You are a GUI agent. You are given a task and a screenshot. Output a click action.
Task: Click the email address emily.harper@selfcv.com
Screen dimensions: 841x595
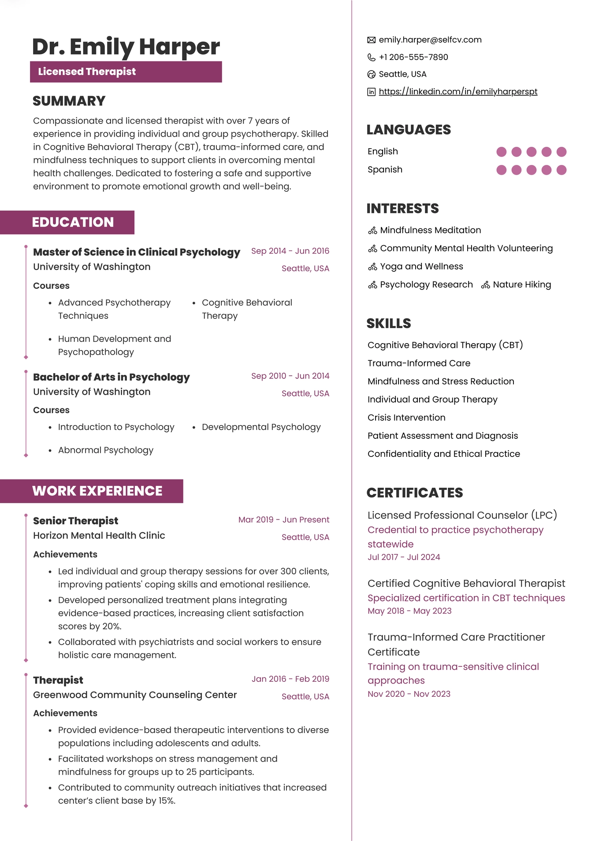pos(430,40)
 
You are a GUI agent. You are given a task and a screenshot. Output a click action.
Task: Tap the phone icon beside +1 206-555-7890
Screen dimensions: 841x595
pos(372,57)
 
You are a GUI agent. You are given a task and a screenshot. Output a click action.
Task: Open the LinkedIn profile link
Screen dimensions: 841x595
pos(457,92)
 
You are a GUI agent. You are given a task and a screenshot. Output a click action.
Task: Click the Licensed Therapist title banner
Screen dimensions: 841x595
pos(126,72)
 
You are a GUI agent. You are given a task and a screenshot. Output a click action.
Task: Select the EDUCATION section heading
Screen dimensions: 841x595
pos(73,222)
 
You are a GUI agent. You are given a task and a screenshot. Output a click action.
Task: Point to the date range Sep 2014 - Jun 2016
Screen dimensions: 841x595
pos(290,251)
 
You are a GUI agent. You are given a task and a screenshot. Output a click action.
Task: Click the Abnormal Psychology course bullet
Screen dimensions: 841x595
pos(105,450)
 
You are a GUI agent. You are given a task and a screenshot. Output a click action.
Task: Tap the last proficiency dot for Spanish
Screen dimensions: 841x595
pos(561,170)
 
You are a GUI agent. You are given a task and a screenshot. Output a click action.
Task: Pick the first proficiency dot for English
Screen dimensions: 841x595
pos(501,152)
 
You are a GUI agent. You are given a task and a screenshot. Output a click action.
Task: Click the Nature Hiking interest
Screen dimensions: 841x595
pos(521,285)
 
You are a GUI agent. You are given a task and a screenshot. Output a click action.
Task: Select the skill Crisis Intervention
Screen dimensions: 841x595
pos(406,418)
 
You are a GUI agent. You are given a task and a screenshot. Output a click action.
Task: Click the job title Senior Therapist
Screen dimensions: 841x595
pos(75,521)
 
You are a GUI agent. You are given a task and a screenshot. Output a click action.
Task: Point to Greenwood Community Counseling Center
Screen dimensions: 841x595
pos(134,695)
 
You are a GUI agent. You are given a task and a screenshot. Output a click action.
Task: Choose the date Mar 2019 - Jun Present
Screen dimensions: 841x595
pos(283,520)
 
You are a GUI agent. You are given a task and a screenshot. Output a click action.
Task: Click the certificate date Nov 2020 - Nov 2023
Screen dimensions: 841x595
pos(409,694)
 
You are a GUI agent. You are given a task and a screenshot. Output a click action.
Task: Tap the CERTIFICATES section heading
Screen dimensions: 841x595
pos(414,493)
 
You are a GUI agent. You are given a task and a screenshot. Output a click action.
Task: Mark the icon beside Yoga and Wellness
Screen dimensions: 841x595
pos(372,267)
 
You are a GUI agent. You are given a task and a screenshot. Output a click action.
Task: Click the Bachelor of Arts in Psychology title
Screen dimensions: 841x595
pos(111,378)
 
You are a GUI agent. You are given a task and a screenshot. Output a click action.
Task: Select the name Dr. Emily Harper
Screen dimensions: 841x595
pos(126,47)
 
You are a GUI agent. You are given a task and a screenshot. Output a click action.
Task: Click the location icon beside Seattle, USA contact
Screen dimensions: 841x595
pos(372,75)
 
